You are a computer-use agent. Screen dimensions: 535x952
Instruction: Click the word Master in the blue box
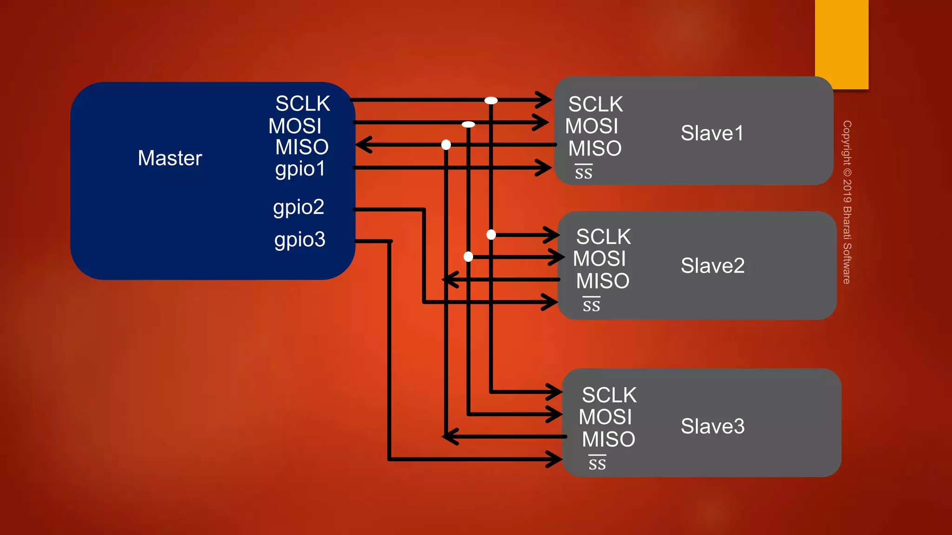pyautogui.click(x=170, y=158)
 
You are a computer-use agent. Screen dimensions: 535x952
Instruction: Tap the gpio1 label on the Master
pyautogui.click(x=300, y=169)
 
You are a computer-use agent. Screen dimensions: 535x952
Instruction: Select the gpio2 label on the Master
pyautogui.click(x=298, y=207)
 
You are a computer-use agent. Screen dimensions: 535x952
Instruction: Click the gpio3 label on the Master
pyautogui.click(x=300, y=240)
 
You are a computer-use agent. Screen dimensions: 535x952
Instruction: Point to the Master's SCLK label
pyautogui.click(x=303, y=104)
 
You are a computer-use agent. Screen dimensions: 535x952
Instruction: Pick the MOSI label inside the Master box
pyautogui.click(x=295, y=126)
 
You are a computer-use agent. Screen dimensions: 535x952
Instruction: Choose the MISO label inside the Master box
pyautogui.click(x=302, y=147)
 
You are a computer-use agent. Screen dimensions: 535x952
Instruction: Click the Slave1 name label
pyautogui.click(x=712, y=133)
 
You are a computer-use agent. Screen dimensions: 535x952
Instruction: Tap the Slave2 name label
pyautogui.click(x=712, y=266)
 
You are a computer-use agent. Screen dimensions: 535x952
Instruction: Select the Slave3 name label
pyautogui.click(x=712, y=426)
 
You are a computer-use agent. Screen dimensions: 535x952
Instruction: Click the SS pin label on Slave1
pyautogui.click(x=583, y=172)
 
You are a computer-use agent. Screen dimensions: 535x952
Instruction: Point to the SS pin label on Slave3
pyautogui.click(x=597, y=463)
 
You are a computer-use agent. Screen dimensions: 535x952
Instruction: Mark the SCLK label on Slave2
pyautogui.click(x=603, y=237)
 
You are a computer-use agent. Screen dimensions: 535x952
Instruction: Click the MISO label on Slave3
pyautogui.click(x=608, y=439)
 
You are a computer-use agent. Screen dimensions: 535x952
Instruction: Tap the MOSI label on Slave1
pyautogui.click(x=591, y=126)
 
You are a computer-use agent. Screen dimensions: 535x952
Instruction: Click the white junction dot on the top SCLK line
pyautogui.click(x=491, y=100)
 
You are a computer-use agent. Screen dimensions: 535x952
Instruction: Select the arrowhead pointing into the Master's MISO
pyautogui.click(x=364, y=144)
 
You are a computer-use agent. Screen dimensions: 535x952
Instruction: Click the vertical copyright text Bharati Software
pyautogui.click(x=847, y=202)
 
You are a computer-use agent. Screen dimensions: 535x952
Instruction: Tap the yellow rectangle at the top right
pyautogui.click(x=841, y=44)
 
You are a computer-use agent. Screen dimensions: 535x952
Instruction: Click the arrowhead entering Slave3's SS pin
pyautogui.click(x=555, y=459)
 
